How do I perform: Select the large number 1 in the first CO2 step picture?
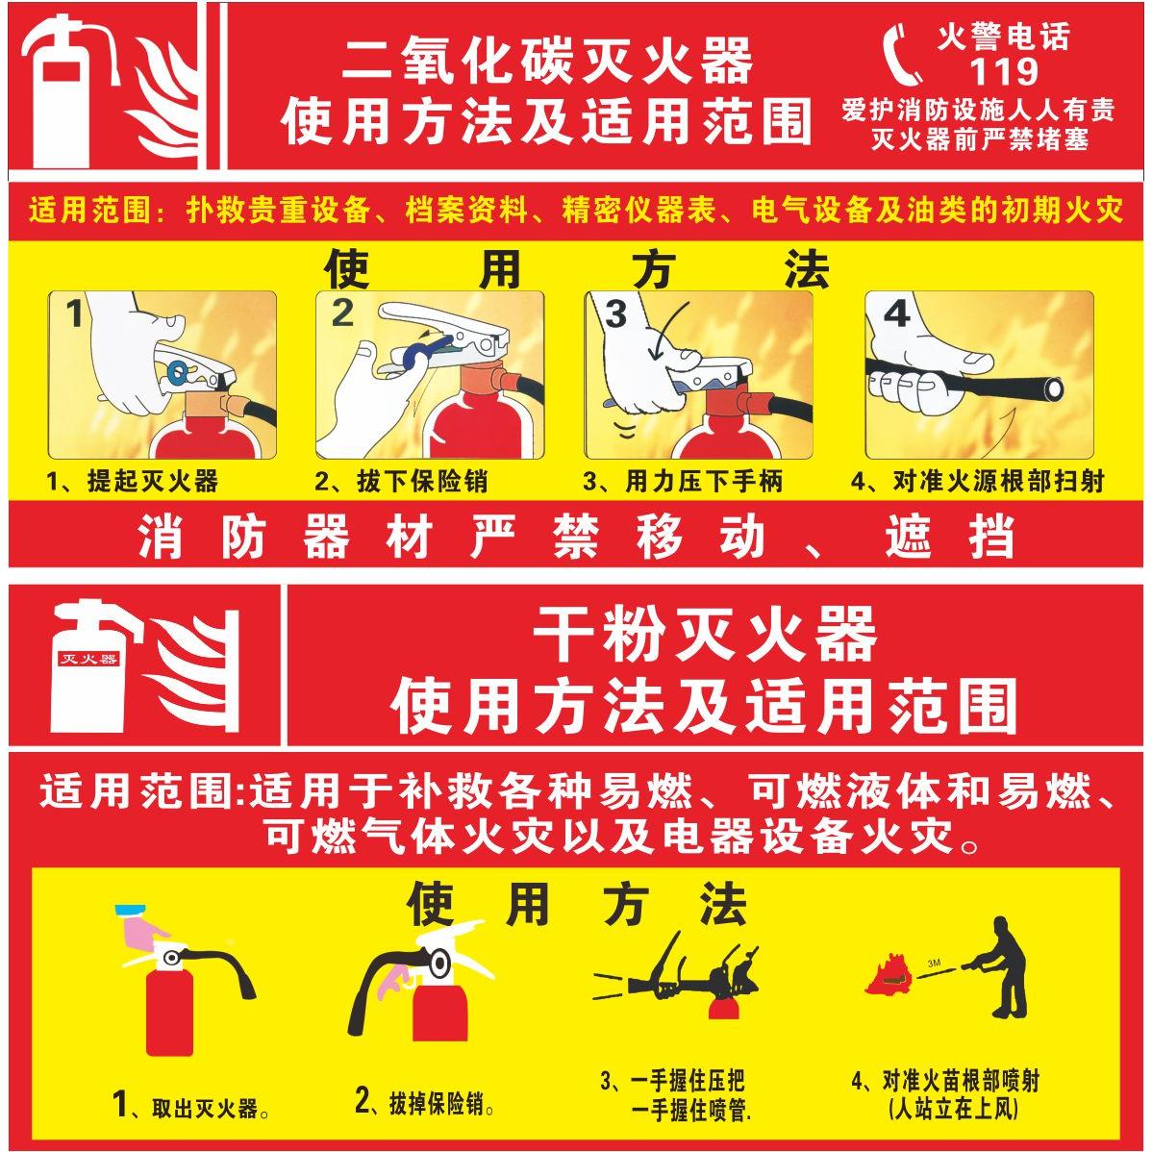[74, 314]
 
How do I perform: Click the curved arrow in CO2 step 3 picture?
[672, 327]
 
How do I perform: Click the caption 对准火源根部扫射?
[979, 481]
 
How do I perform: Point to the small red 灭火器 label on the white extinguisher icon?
[88, 659]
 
